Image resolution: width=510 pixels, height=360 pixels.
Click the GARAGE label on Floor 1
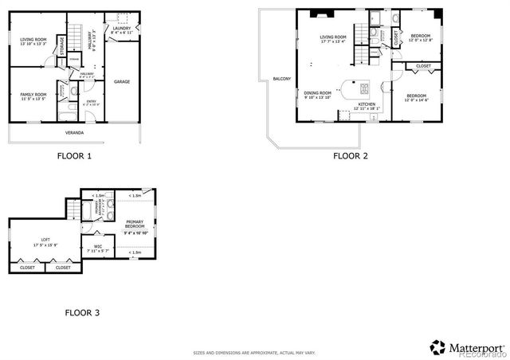pyautogui.click(x=122, y=81)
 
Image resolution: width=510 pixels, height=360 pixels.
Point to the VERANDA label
pyautogui.click(x=74, y=131)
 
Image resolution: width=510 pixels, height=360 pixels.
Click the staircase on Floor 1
pyautogui.click(x=76, y=37)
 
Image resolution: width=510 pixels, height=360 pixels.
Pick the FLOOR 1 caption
pyautogui.click(x=74, y=156)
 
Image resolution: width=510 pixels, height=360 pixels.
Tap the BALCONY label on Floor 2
pyautogui.click(x=281, y=79)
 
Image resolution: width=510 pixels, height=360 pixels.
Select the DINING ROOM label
pyautogui.click(x=318, y=95)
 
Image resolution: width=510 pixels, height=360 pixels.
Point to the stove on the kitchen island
pyautogui.click(x=364, y=88)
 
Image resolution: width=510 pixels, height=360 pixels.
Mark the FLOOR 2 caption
pyautogui.click(x=350, y=156)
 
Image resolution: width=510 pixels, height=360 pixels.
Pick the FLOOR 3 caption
pyautogui.click(x=82, y=313)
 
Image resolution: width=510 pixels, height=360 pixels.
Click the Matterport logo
pyautogui.click(x=468, y=347)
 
